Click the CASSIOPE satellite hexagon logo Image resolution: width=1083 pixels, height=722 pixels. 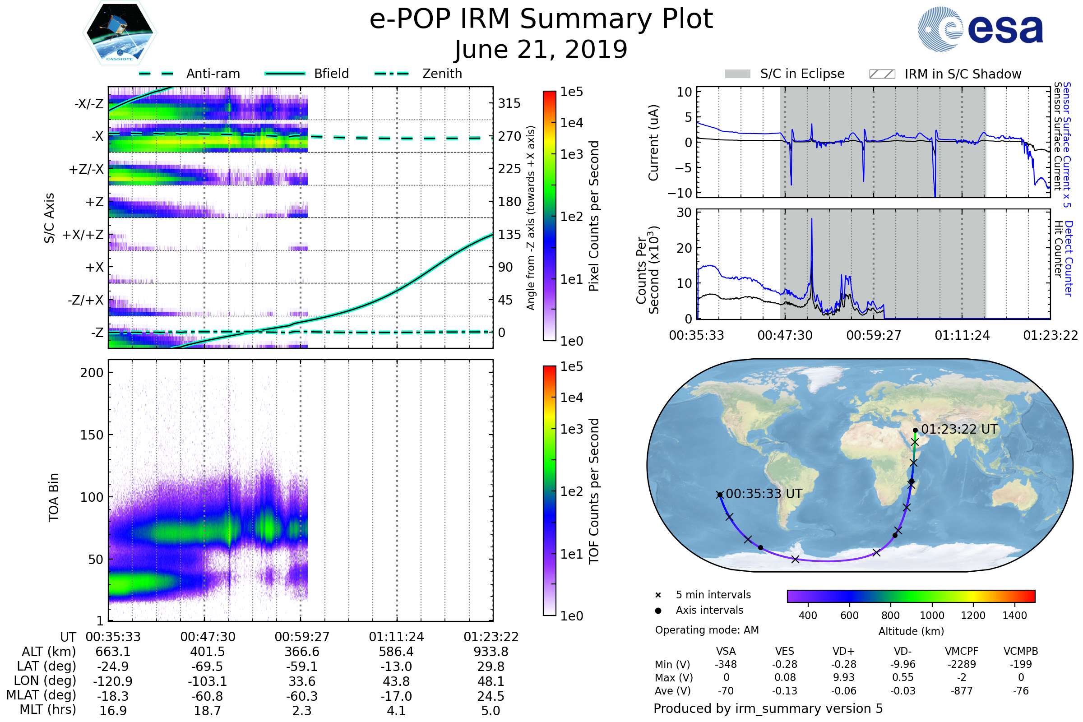coord(120,32)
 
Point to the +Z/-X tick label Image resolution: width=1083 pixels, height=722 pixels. coord(86,170)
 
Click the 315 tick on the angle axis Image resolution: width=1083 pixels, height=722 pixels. coord(509,103)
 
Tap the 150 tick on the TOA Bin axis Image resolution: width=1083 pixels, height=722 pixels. coord(92,435)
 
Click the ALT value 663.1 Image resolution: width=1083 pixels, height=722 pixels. coord(113,652)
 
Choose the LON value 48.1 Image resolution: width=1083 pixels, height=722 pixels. coord(491,681)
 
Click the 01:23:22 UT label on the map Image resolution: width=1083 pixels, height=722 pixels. coord(959,430)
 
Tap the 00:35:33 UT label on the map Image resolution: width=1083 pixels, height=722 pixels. coord(764,494)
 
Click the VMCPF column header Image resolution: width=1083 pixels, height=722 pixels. coord(962,652)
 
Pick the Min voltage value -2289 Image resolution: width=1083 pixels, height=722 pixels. coord(962,664)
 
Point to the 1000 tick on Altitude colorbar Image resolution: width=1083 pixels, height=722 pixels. coord(931,616)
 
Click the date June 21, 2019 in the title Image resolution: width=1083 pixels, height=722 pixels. coord(541,49)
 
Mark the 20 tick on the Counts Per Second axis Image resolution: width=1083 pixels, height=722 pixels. coord(684,248)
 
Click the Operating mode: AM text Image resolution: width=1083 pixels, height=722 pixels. coord(707,630)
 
